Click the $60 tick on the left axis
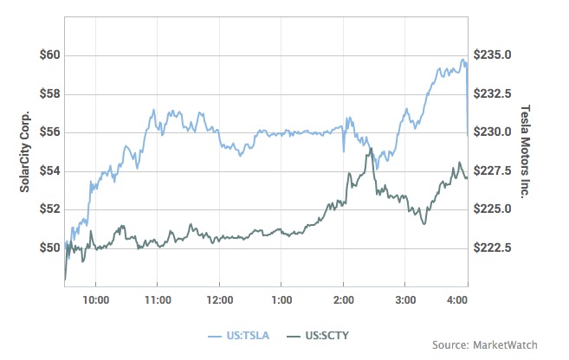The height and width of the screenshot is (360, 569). click(48, 55)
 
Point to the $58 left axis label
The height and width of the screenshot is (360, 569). click(48, 93)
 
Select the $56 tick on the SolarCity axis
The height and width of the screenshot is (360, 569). click(48, 132)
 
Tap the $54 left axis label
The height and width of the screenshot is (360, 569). click(48, 170)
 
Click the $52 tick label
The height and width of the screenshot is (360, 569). click(48, 209)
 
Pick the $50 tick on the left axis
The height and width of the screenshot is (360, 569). click(48, 247)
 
